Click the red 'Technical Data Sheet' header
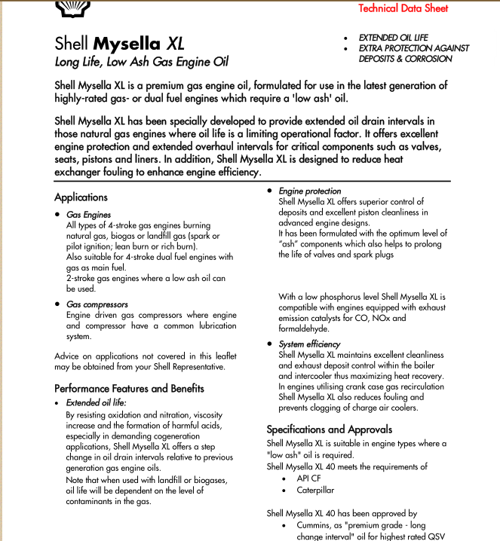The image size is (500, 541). (x=403, y=9)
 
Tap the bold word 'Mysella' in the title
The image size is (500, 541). (x=127, y=43)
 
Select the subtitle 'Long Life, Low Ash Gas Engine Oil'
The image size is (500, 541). (x=142, y=62)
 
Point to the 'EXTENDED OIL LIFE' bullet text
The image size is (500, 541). (x=393, y=38)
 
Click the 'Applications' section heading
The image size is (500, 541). (x=81, y=197)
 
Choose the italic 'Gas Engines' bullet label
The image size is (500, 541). (x=88, y=215)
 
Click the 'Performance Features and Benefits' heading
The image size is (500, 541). (x=129, y=389)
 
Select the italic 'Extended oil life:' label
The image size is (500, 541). (x=97, y=403)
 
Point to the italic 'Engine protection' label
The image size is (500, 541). (x=309, y=191)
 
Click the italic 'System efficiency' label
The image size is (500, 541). (x=309, y=344)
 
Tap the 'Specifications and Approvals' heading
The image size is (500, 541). (x=330, y=429)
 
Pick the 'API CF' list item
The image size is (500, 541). (x=308, y=478)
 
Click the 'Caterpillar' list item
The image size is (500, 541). (x=315, y=490)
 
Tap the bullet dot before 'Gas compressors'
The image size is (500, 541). (x=58, y=304)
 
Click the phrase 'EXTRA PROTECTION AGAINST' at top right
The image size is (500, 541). (x=414, y=48)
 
